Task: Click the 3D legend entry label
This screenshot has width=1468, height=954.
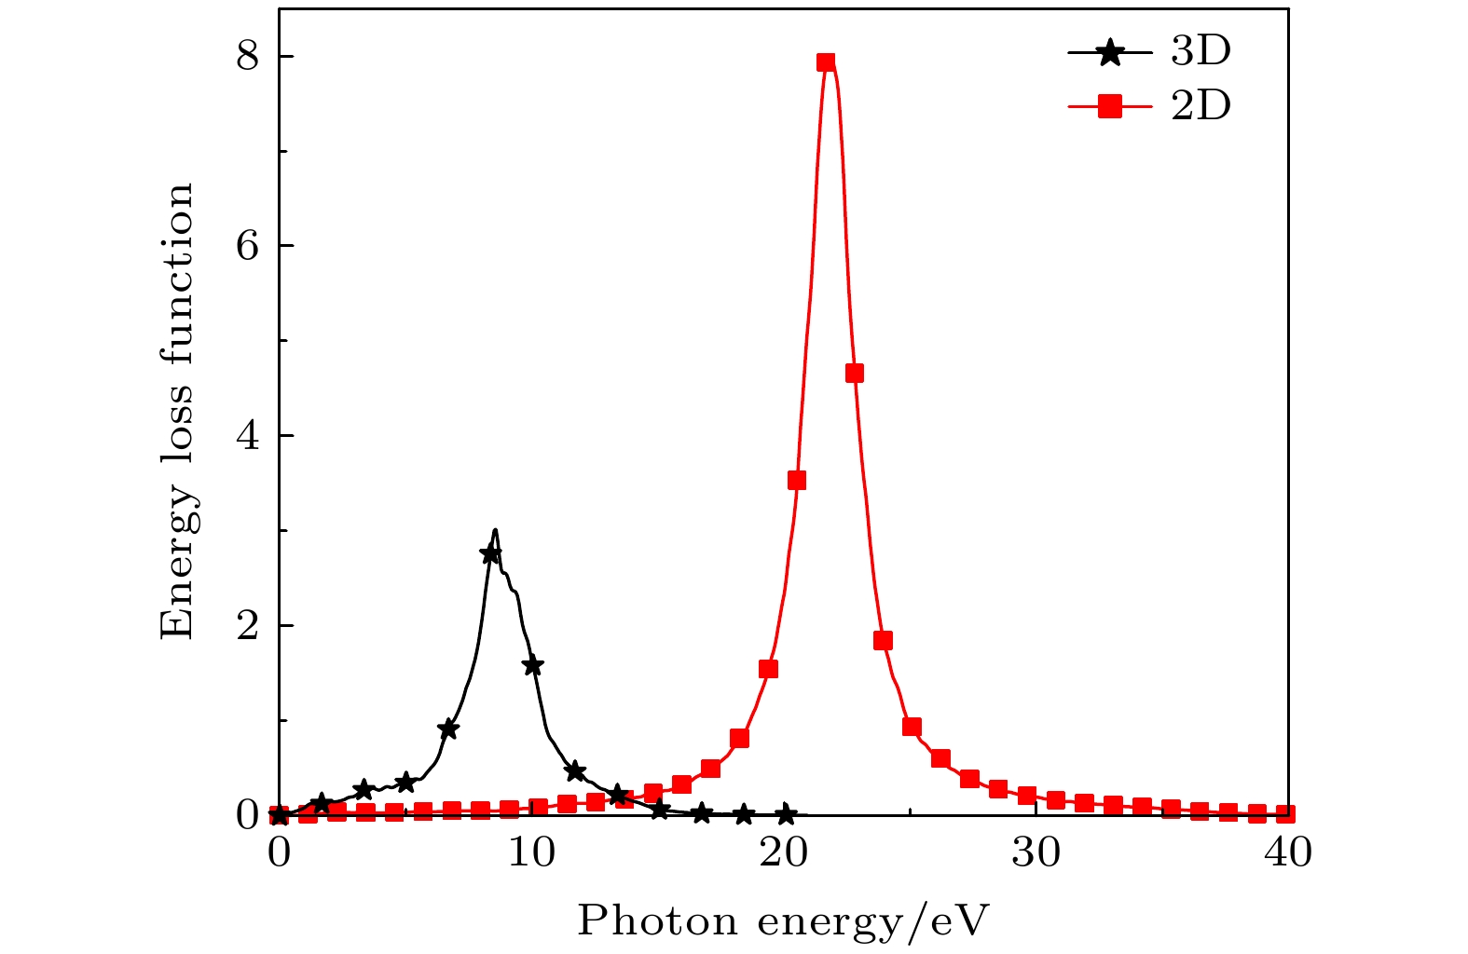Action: [1200, 52]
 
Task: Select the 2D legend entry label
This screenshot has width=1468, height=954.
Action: [1200, 107]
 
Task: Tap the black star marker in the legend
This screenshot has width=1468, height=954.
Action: [1109, 53]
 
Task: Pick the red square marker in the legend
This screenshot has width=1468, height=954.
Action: [1109, 108]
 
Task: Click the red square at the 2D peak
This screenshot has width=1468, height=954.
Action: [826, 62]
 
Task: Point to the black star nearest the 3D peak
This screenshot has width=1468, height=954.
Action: [490, 553]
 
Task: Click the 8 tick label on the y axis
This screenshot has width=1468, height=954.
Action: [246, 57]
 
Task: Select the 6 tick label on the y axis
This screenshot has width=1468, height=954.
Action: [246, 246]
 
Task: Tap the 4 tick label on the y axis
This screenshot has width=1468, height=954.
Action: [246, 435]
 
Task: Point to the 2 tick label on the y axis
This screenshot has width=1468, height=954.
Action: [246, 625]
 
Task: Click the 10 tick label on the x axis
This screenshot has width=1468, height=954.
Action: [531, 852]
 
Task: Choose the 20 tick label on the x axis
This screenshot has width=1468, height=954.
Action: [784, 852]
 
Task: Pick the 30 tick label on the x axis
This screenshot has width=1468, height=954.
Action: [1036, 852]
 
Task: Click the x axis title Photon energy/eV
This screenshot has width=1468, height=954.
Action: [782, 921]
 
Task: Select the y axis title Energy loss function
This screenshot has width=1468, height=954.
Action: [177, 411]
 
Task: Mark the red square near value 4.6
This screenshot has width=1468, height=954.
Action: [854, 374]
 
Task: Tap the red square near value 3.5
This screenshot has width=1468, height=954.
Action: [797, 481]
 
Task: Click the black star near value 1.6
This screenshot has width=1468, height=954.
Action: [533, 665]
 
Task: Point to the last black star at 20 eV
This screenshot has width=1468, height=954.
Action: [786, 814]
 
